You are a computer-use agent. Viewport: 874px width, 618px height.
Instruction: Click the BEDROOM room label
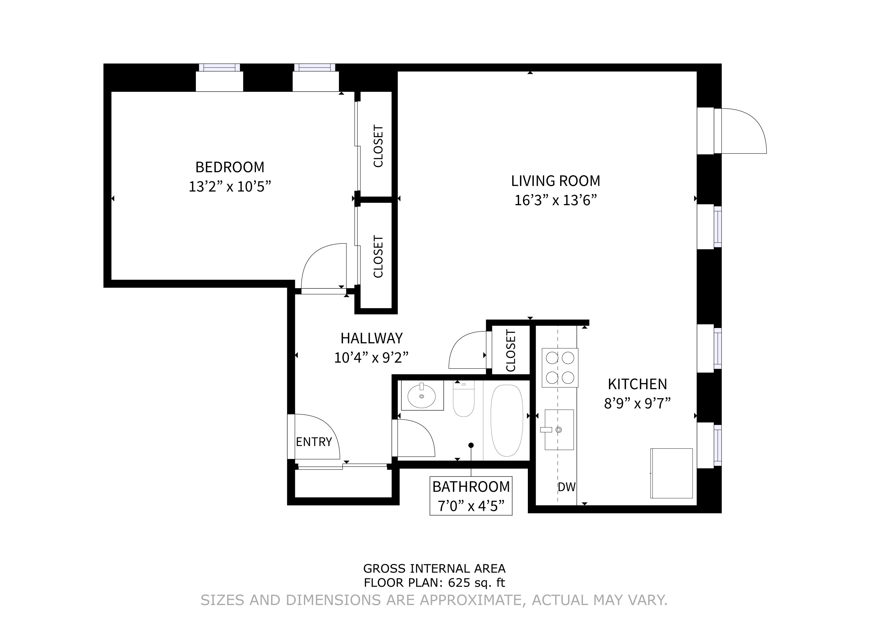(230, 167)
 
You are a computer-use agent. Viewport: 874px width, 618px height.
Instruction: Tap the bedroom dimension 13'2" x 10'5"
(230, 186)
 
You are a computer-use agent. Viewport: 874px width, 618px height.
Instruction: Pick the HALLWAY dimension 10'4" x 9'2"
(371, 358)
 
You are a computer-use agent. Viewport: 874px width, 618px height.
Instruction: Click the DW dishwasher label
(566, 487)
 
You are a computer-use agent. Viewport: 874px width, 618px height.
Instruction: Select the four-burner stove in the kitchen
(560, 368)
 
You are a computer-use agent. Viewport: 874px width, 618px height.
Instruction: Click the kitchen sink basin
(559, 430)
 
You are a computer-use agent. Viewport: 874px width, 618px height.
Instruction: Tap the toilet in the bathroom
(463, 400)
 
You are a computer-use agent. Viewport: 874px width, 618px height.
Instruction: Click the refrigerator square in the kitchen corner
(671, 473)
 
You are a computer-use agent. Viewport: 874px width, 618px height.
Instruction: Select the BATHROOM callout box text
(471, 496)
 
